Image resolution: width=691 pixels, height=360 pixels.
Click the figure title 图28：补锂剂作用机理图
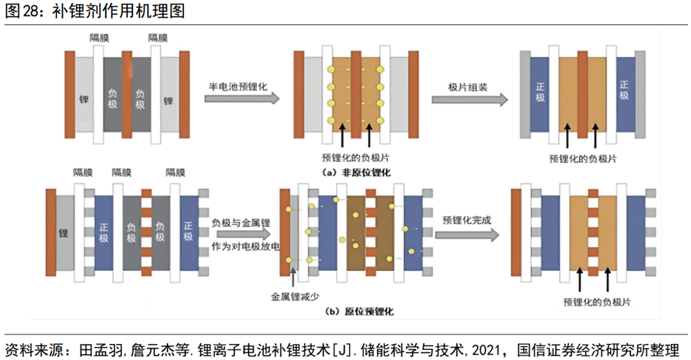pos(95,12)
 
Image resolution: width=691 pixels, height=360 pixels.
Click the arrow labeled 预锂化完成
pos(469,234)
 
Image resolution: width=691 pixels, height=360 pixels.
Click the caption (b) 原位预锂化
pos(360,311)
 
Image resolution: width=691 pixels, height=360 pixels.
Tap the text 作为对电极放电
pos(245,245)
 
